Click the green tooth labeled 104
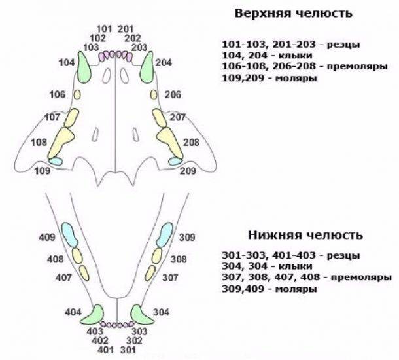(84, 67)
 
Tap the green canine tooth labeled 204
(147, 67)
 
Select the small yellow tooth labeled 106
(77, 95)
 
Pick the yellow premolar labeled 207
(160, 118)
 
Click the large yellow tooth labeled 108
(61, 143)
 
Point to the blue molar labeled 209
(175, 161)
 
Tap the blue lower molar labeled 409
(70, 235)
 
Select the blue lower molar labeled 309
(165, 235)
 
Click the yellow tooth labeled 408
(77, 256)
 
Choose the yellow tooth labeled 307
(150, 273)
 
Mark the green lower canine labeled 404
(93, 315)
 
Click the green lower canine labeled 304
(141, 315)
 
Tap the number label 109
(43, 171)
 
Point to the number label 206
(173, 95)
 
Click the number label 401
(105, 350)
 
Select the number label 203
(139, 47)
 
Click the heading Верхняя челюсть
(293, 13)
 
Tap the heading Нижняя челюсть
(305, 235)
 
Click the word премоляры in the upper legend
(357, 66)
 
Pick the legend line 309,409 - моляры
(269, 289)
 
